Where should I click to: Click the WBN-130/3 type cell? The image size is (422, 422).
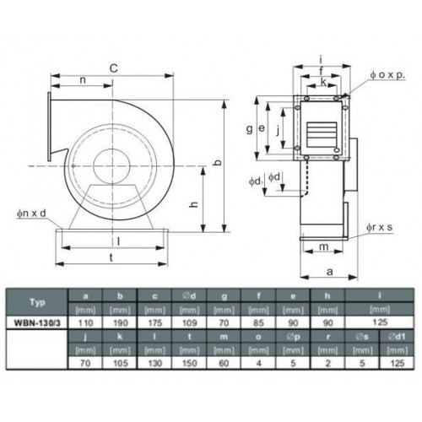tap(37, 322)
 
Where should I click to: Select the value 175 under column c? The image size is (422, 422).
tap(154, 322)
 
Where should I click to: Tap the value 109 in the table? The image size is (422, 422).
tap(189, 322)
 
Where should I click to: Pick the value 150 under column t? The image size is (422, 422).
tap(189, 363)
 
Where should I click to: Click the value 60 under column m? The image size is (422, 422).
tap(224, 363)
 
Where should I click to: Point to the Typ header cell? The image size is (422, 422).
tap(37, 302)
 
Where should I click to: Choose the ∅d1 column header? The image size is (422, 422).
tap(397, 337)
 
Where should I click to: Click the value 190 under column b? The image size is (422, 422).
tap(121, 322)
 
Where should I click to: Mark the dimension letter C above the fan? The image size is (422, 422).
tap(113, 68)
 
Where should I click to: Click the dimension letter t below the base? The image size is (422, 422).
tap(111, 257)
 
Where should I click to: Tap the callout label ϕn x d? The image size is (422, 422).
tap(31, 214)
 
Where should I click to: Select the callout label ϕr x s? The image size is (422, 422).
tap(379, 227)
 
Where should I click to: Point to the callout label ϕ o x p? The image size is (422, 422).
tap(387, 75)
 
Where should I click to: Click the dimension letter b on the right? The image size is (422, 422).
tap(218, 162)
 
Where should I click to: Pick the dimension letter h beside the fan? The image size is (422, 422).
tap(194, 204)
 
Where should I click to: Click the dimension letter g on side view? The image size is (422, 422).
tap(249, 129)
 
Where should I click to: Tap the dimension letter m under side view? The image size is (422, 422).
tap(324, 246)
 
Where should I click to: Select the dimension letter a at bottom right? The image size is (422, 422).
tap(330, 272)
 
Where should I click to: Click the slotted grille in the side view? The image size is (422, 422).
tap(322, 134)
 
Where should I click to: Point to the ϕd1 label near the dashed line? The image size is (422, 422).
tap(256, 181)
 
